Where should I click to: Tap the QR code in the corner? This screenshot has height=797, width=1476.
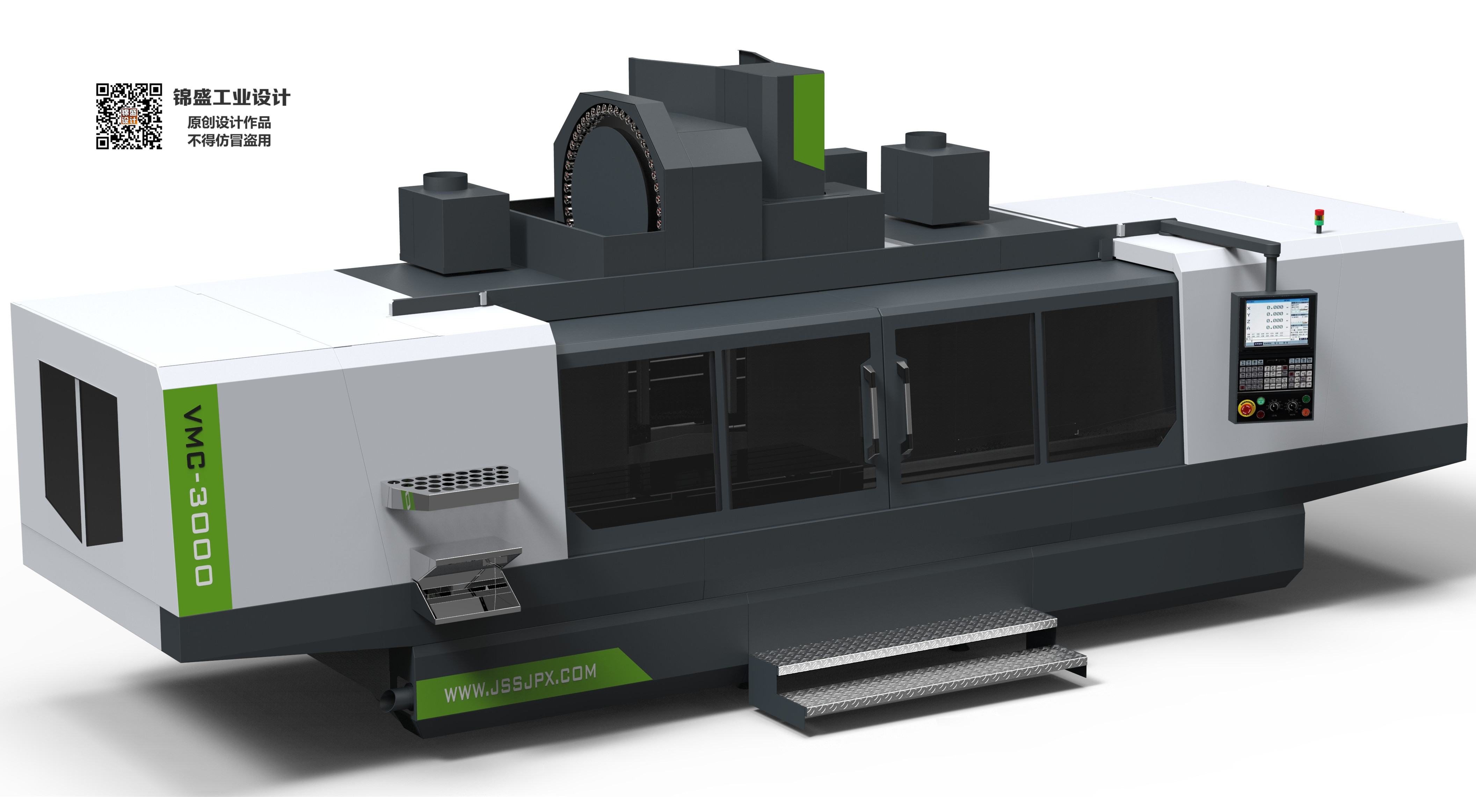click(128, 116)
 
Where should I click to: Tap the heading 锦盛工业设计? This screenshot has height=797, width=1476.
click(232, 98)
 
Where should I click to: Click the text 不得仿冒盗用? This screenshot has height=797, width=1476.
click(229, 141)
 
